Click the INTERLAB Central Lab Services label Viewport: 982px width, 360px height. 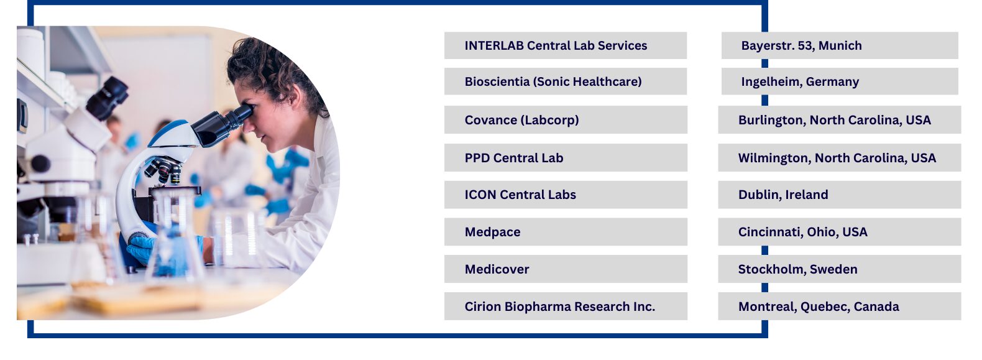[x=566, y=45]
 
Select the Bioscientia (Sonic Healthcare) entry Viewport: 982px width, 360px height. [x=566, y=81]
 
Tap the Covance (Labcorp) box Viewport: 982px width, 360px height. [x=566, y=120]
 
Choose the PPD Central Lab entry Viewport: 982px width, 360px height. [x=566, y=158]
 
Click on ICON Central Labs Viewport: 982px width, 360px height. [x=566, y=195]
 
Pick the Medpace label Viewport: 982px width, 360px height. [x=566, y=232]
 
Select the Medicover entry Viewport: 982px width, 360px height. [x=566, y=269]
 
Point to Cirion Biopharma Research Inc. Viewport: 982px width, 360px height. [x=566, y=307]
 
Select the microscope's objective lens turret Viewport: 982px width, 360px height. [x=165, y=169]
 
